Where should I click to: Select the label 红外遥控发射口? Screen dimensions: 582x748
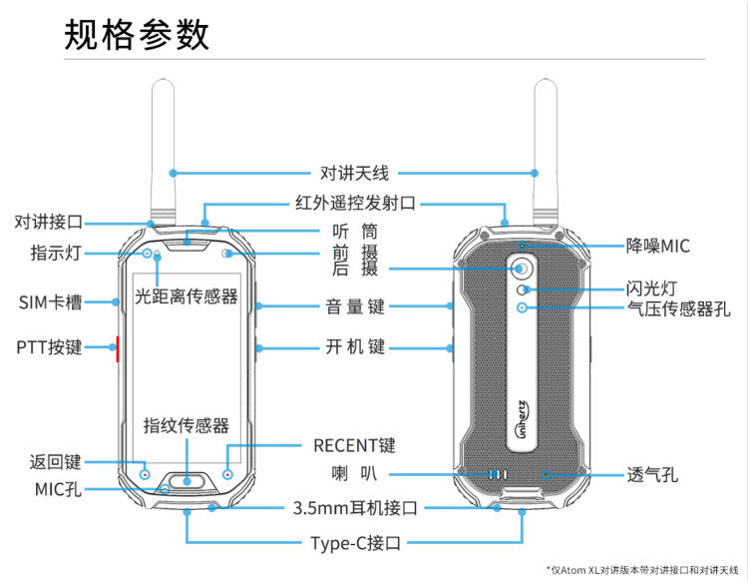click(355, 203)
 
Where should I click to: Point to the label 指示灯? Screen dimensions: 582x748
click(55, 253)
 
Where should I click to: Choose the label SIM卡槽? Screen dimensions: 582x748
click(50, 301)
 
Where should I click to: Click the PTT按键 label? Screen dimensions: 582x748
click(49, 347)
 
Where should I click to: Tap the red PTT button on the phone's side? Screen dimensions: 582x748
click(119, 349)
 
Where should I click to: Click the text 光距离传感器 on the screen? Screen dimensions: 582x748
click(187, 296)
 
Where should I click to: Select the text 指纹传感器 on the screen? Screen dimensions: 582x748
click(187, 425)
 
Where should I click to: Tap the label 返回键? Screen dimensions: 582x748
click(55, 462)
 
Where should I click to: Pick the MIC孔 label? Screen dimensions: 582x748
click(58, 489)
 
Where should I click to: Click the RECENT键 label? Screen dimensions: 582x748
click(354, 445)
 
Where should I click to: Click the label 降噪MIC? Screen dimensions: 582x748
click(657, 246)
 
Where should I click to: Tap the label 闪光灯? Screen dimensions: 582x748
click(652, 289)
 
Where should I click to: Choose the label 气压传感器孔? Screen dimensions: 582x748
click(678, 309)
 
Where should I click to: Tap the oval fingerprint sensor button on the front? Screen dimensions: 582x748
click(187, 480)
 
